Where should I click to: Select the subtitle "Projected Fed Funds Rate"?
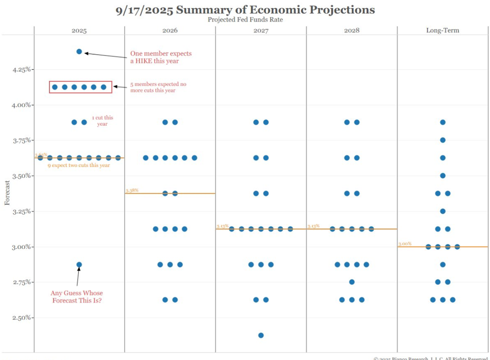pos(245,20)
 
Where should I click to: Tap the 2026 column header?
pos(170,31)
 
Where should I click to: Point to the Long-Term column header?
pos(442,31)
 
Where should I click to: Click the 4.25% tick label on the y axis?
pos(22,69)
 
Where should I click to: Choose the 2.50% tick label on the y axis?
pos(22,318)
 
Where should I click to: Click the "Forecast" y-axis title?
pos(7,193)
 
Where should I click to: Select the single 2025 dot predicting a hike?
pos(79,51)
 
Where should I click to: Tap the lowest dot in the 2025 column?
pos(79,264)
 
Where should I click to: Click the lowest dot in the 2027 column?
pos(261,335)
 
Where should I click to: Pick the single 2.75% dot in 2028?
pos(352,282)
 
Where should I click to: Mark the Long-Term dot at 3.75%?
pos(443,140)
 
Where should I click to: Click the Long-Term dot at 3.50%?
pos(443,176)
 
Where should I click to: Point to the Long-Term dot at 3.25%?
pos(443,211)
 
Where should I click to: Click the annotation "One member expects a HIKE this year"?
pos(161,57)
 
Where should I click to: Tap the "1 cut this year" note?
pos(103,121)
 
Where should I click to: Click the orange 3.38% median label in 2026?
pos(132,191)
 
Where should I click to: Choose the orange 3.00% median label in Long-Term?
pos(405,244)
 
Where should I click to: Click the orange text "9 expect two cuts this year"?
pos(78,165)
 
